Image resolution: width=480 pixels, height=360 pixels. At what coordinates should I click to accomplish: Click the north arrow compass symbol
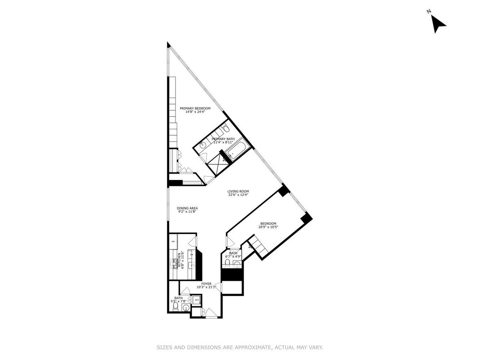tap(438, 24)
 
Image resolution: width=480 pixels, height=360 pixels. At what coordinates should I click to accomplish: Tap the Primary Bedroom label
tap(195, 108)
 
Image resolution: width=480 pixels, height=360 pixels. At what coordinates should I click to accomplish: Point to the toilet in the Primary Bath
tap(225, 129)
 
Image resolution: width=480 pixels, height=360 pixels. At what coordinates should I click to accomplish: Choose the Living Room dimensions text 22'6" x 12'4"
tap(238, 195)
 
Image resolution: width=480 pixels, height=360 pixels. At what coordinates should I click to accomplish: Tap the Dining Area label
tap(187, 208)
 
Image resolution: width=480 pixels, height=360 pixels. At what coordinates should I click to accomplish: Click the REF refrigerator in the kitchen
tap(174, 242)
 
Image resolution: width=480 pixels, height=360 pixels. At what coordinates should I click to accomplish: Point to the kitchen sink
tap(191, 265)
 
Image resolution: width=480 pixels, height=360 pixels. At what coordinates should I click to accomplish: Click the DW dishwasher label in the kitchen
tap(191, 254)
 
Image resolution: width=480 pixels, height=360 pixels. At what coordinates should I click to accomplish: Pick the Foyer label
tap(206, 284)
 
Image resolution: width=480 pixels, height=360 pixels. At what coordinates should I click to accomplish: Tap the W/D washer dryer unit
tap(197, 299)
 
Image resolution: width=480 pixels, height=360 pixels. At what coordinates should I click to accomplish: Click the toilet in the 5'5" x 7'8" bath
tap(175, 306)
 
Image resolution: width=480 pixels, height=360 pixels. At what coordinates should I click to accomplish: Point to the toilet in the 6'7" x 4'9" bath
tap(227, 262)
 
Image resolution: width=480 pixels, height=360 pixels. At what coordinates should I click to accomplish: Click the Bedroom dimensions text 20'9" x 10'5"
tap(268, 227)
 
